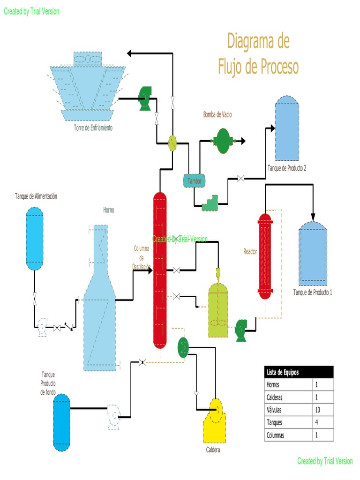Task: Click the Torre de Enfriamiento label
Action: pyautogui.click(x=93, y=127)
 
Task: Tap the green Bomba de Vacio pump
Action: pyautogui.click(x=223, y=140)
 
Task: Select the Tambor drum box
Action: pyautogui.click(x=194, y=180)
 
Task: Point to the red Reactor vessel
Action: pyautogui.click(x=265, y=256)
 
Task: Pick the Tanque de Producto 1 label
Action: pyautogui.click(x=312, y=292)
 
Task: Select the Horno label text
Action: pyautogui.click(x=109, y=210)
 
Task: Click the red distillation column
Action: pyautogui.click(x=160, y=270)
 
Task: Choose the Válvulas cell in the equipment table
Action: pyautogui.click(x=288, y=410)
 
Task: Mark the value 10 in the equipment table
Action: pyautogui.click(x=323, y=410)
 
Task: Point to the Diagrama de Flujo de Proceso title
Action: pyautogui.click(x=258, y=54)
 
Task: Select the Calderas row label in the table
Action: pyautogui.click(x=288, y=397)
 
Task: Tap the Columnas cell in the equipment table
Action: pyautogui.click(x=288, y=435)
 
